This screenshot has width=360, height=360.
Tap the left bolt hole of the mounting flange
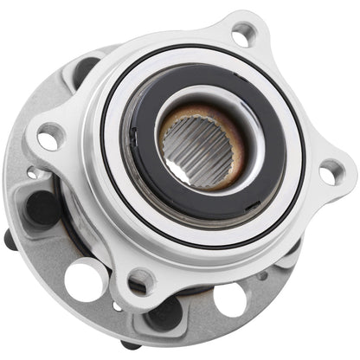tap(50, 136)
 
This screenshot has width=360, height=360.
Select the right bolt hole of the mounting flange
tap(330, 171)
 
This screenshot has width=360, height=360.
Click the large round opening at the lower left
tap(85, 282)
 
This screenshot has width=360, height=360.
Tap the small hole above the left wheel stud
tap(33, 174)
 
